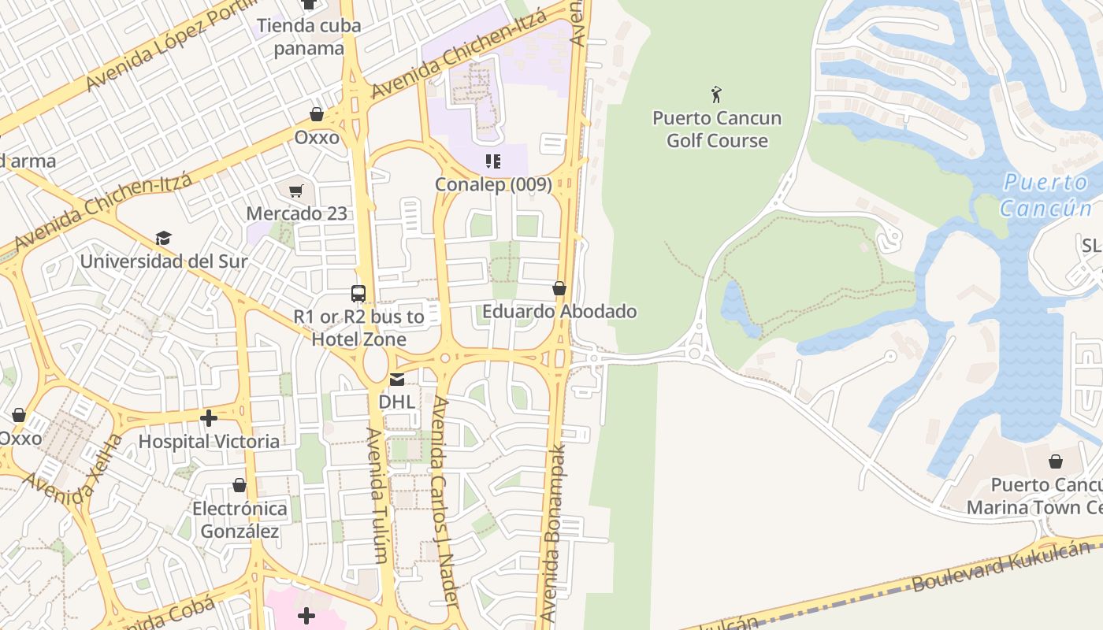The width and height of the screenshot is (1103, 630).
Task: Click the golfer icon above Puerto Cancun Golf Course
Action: point(716,94)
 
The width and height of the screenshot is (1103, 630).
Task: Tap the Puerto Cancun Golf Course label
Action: point(716,130)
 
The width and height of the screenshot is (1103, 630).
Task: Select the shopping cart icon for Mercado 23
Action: point(296,191)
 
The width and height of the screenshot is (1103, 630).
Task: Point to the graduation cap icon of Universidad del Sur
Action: point(164,238)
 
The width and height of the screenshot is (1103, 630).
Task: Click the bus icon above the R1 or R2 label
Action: point(358,294)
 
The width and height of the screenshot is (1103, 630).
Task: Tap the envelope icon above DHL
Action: point(396,380)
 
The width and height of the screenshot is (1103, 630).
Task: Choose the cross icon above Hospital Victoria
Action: point(209,418)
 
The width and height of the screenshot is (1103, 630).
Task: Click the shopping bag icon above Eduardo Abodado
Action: point(559,289)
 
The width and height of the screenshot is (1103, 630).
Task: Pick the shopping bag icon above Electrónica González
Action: point(240,485)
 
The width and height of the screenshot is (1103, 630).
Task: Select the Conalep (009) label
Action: point(493,184)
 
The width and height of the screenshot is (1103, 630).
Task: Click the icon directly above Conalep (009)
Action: point(493,162)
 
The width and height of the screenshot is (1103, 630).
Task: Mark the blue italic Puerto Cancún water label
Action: point(1045,195)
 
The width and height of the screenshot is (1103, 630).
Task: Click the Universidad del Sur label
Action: point(164,261)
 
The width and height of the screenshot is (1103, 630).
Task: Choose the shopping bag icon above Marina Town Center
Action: point(1055,461)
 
